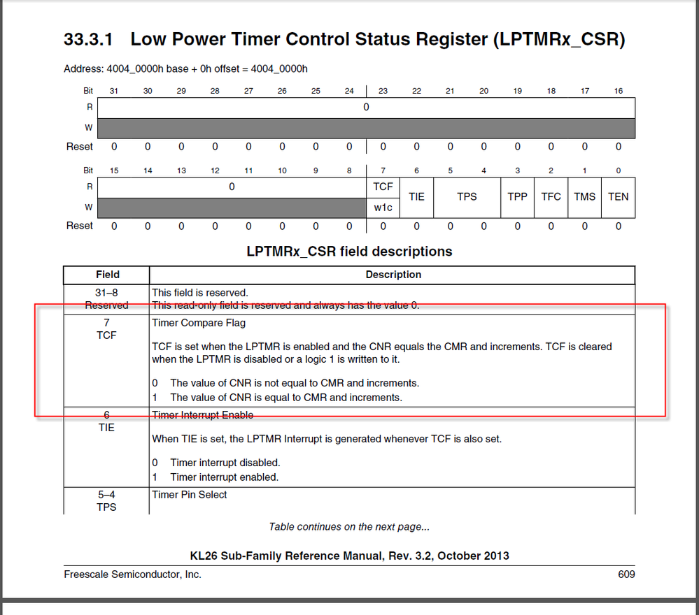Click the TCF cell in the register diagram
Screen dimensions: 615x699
coord(383,186)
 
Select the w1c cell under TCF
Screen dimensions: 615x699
coord(383,208)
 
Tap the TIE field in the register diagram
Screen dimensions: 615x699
coord(416,196)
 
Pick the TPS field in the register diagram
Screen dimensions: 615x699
coord(467,196)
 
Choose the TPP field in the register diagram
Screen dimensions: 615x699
coord(517,196)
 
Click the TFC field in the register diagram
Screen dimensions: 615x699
coord(551,196)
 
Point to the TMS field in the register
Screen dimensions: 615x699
coord(584,196)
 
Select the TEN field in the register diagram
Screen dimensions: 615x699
coord(618,196)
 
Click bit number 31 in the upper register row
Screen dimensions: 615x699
coord(114,91)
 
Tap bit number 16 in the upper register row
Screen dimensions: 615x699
coord(618,91)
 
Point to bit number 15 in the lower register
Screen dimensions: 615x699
coord(114,171)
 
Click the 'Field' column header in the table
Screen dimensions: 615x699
coord(107,275)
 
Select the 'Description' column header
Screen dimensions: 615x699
coord(393,275)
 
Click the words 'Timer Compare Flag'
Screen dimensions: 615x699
coord(199,323)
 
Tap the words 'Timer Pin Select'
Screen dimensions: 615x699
coord(190,495)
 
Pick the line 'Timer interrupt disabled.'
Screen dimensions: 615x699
coord(225,463)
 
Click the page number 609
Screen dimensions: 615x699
coord(626,574)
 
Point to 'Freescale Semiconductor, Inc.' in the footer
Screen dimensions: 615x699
coord(132,574)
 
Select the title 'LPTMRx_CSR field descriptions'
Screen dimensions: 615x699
coord(349,251)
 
